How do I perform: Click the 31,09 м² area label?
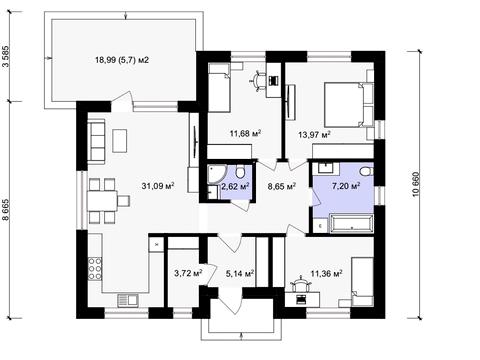click(158, 186)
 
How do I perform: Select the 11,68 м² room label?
click(245, 134)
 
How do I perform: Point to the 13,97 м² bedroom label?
click(314, 135)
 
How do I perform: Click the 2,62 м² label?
click(235, 186)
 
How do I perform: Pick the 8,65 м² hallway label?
click(282, 186)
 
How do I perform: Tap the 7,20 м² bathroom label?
click(346, 186)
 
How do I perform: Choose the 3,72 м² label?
click(189, 274)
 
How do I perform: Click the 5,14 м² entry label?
click(240, 274)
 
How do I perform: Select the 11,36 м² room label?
click(327, 274)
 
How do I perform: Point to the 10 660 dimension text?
click(415, 184)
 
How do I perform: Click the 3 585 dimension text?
click(6, 55)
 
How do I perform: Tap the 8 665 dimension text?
click(6, 210)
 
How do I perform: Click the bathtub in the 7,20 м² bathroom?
click(351, 223)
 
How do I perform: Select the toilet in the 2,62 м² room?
click(239, 172)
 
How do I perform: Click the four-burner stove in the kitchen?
click(95, 268)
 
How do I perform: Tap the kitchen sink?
click(128, 300)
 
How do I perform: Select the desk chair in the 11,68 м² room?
click(257, 81)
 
